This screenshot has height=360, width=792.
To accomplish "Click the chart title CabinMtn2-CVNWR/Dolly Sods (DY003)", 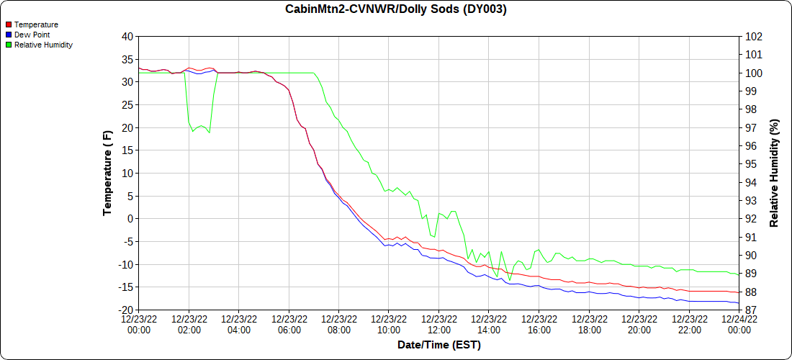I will click(x=396, y=9).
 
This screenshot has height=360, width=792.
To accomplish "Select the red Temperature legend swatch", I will click(x=8, y=24).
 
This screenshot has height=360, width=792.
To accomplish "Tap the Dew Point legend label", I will click(x=32, y=35).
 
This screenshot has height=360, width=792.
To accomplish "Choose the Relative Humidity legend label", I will click(x=43, y=45).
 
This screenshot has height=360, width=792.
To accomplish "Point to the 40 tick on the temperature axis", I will click(x=127, y=36).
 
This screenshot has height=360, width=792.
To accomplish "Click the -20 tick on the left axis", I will click(x=126, y=310).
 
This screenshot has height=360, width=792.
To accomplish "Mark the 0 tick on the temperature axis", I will click(x=130, y=219).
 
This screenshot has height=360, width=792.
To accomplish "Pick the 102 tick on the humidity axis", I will click(x=753, y=36).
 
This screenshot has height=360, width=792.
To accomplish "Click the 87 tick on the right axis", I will click(x=751, y=310).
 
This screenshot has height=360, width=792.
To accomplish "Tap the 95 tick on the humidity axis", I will click(x=751, y=163).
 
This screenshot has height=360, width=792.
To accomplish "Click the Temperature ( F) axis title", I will click(x=108, y=173).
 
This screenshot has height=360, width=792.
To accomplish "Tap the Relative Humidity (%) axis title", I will click(x=775, y=173).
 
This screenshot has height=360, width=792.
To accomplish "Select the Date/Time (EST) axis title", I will click(x=439, y=345).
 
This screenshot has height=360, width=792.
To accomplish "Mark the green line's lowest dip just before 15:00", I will click(x=510, y=280).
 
